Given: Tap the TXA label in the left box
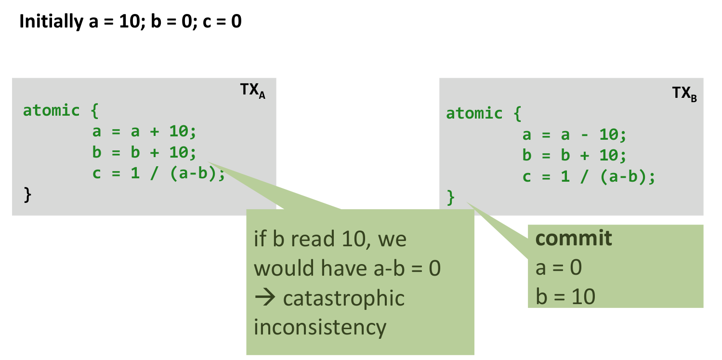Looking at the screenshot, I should (x=252, y=91).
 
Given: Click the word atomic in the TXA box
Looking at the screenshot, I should (x=52, y=110).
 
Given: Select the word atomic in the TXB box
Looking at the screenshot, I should (x=474, y=113).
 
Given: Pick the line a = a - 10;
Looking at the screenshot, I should (x=574, y=134).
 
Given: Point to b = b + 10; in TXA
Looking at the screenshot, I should (x=144, y=153).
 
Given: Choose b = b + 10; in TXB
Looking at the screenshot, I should (x=574, y=155).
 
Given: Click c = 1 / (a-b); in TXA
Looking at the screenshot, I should (x=159, y=173).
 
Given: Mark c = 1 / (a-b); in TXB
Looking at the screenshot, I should (x=589, y=176).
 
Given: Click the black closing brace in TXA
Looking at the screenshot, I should (x=27, y=195).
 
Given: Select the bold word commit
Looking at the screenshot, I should (x=574, y=238).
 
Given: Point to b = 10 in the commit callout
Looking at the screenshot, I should (x=565, y=296).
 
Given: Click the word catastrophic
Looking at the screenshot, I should (x=343, y=298).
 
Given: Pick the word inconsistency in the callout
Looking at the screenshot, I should (x=320, y=327).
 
